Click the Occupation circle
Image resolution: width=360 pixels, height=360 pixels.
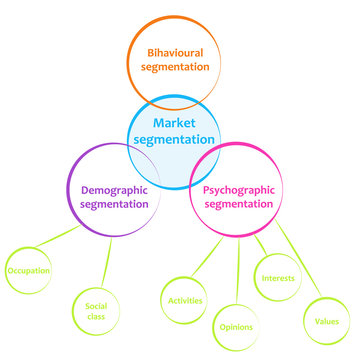click(29, 270)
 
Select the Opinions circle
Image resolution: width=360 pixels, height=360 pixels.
click(236, 326)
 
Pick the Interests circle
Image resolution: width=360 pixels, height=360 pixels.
click(277, 278)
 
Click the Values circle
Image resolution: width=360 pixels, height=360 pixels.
click(328, 321)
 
